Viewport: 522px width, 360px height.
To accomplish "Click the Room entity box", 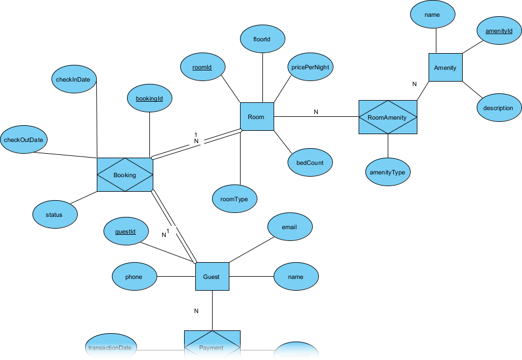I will pos(257,117).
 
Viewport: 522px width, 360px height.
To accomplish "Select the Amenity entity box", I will pos(445,68).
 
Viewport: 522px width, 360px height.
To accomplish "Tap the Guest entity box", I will pos(212,277).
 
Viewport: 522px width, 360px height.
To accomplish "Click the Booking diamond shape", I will pos(125,175).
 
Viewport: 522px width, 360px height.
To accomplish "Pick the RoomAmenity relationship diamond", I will pos(388,117).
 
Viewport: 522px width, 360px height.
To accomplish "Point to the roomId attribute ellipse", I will pos(202,67).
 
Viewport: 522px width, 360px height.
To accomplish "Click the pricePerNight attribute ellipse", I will pos(310,67).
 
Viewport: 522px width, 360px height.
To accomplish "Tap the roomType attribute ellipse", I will pos(235,198).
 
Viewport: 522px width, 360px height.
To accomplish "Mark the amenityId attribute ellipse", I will pos(499,31).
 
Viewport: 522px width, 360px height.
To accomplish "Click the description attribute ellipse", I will pos(499,108).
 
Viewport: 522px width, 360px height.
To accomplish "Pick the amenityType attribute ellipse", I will pos(388,173).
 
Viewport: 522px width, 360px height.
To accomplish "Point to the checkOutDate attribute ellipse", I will pos(23,139).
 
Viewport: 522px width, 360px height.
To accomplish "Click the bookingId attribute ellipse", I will pos(149,98).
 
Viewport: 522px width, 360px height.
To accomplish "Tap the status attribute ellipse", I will pos(55,214).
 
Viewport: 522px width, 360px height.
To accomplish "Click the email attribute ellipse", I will pos(290,228).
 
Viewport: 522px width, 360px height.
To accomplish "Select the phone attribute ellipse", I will pos(134,277).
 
